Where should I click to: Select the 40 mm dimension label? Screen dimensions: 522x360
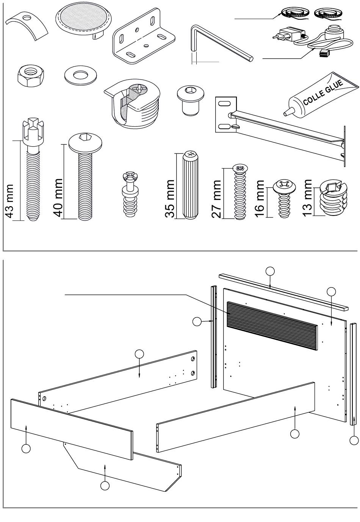pos(58,197)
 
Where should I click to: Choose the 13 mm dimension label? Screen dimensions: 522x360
pos(307,196)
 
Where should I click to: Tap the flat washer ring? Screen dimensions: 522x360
pos(80,75)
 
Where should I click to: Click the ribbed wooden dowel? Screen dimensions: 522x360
pos(191,186)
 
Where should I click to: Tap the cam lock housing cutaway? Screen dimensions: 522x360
pos(133,102)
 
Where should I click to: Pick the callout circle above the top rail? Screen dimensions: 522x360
pos(270,271)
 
